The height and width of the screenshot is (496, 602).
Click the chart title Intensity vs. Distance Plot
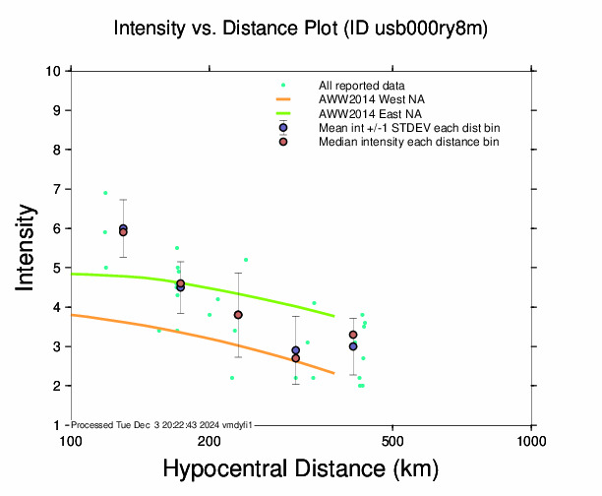[300, 29]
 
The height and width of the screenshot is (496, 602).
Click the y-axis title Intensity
[28, 247]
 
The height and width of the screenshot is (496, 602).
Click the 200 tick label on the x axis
[209, 440]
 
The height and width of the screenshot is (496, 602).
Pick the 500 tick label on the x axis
[392, 440]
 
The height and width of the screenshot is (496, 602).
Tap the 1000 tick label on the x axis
[531, 440]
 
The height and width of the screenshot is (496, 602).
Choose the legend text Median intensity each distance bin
[408, 142]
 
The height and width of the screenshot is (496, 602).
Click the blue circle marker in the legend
[283, 128]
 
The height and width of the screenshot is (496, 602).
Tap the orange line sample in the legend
[283, 99]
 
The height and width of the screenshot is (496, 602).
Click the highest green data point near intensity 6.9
[105, 193]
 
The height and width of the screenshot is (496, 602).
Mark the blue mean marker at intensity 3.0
[353, 346]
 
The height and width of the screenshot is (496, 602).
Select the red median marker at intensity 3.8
[238, 315]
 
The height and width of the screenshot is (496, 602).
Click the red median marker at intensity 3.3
[353, 335]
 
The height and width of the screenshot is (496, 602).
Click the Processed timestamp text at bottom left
[163, 424]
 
